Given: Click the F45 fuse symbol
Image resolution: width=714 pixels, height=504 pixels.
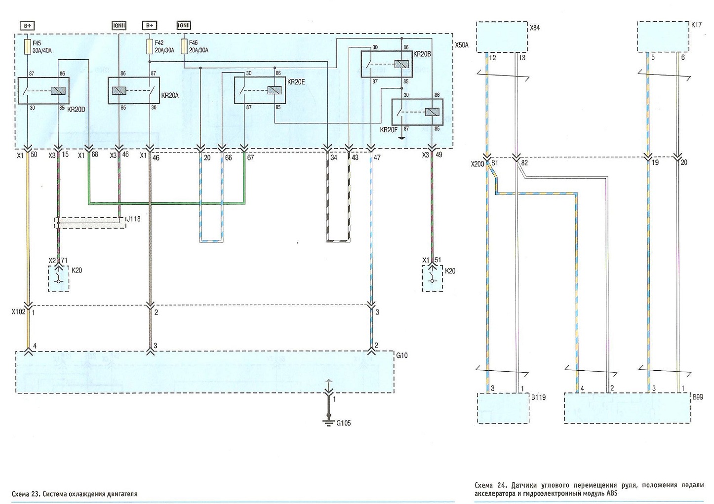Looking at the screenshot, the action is (28, 47).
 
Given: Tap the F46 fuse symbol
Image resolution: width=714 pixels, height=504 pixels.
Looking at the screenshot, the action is (184, 47).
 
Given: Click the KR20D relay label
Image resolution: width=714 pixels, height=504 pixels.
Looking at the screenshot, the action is (76, 109).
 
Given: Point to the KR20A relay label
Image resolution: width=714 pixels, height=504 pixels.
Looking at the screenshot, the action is (170, 95).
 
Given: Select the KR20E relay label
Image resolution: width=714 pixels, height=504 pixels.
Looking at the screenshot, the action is (296, 82).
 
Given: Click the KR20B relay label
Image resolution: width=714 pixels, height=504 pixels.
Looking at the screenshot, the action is (422, 54).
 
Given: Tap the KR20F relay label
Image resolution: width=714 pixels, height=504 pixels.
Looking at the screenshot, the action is (389, 130).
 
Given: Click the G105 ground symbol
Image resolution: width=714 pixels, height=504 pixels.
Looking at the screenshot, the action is (328, 422).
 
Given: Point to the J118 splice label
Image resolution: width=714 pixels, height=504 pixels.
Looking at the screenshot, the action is (133, 219).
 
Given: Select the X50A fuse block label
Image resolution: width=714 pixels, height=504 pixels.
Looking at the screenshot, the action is (462, 45).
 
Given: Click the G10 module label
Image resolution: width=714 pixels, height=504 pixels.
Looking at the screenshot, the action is (401, 355).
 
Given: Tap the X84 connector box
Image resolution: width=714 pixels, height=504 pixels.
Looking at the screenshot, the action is (502, 37).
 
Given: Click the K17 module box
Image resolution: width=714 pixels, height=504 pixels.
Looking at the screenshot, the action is (663, 37).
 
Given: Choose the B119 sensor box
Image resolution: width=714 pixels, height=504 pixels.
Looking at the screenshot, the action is (503, 408).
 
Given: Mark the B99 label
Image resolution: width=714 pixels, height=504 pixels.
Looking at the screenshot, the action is (698, 397).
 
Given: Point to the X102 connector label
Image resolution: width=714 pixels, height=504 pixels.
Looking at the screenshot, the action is (18, 312).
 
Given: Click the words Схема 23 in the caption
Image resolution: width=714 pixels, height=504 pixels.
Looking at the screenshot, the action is (26, 494).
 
